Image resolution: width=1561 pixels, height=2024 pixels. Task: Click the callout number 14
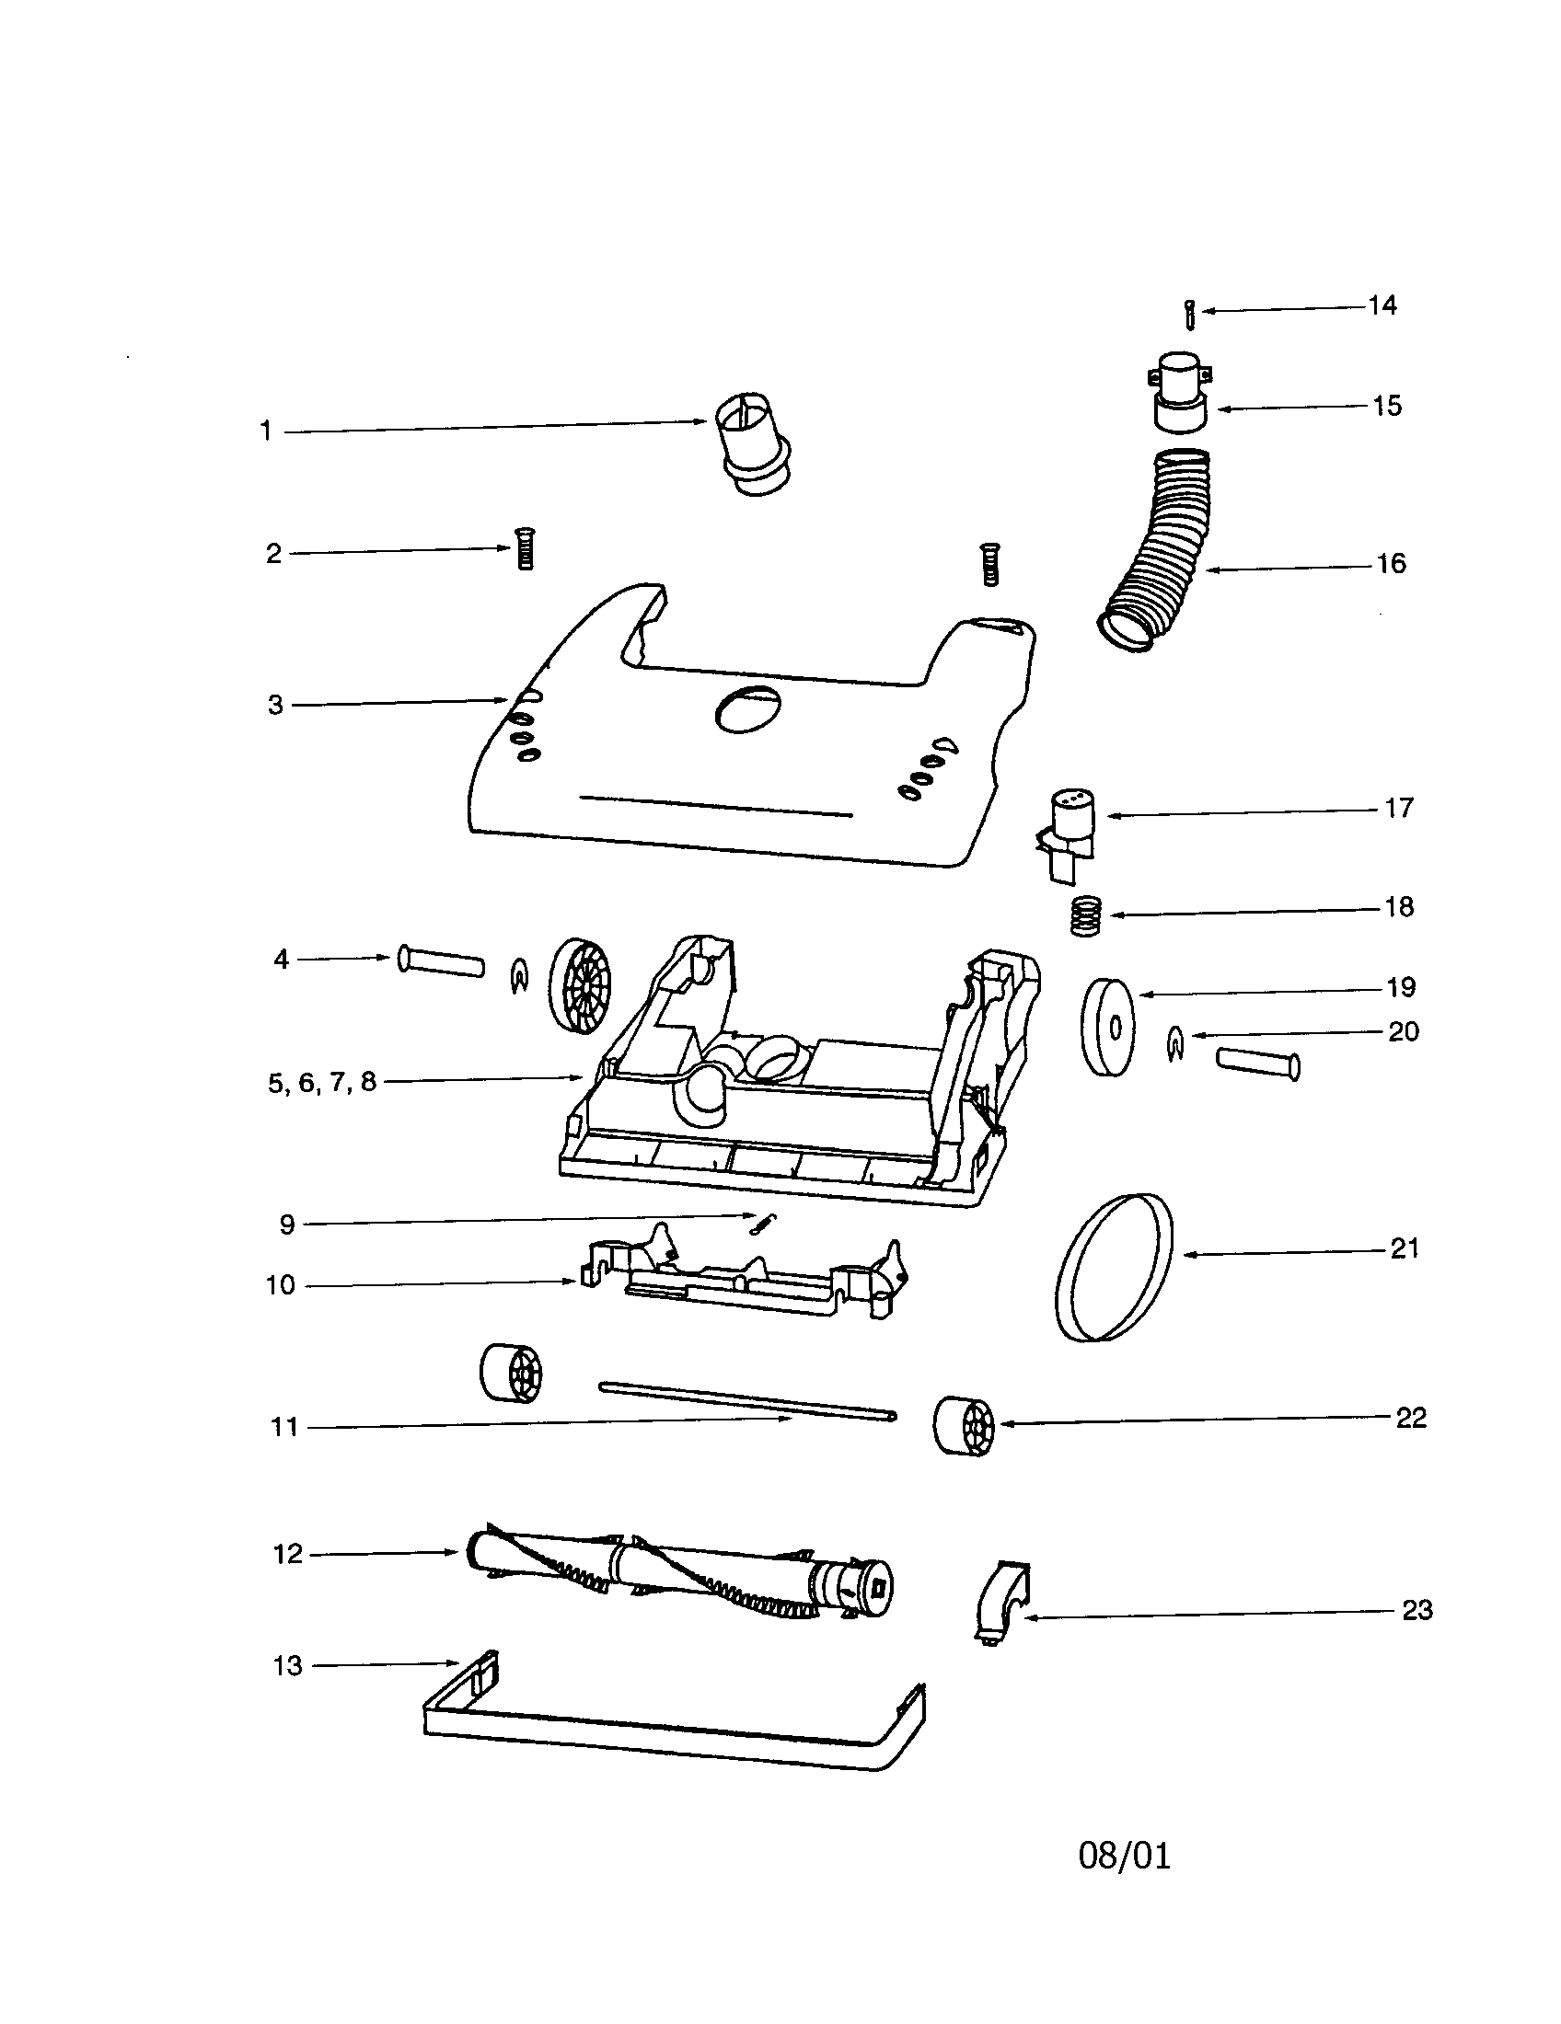pos(1382,305)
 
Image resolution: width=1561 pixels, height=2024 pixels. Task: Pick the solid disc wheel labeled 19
pos(1108,1027)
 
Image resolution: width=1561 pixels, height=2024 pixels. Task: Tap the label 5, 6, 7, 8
pos(321,1083)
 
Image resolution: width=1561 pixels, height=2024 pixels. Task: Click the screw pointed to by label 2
pos(525,548)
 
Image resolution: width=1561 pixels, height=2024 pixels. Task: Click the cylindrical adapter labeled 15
pos(1181,392)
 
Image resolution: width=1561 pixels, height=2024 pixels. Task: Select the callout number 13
pos(287,1666)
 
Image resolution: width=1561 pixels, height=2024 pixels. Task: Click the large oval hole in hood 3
pos(747,710)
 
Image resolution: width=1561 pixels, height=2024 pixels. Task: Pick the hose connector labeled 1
pos(753,444)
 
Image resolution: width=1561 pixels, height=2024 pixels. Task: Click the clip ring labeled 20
pos(1174,1045)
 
